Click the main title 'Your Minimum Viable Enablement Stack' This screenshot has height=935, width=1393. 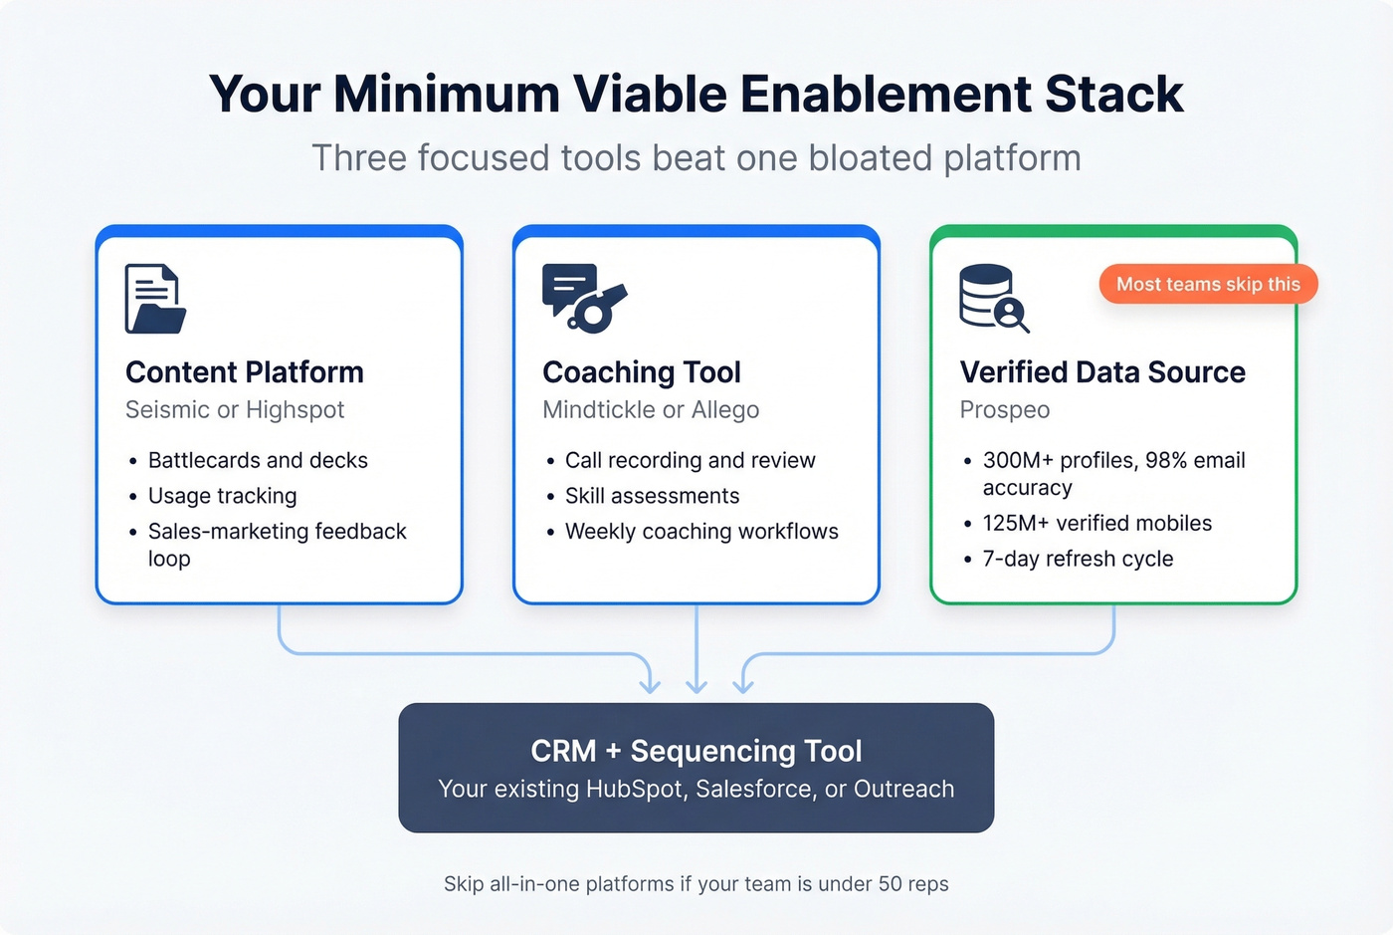[696, 95]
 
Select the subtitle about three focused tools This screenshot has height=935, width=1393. [696, 158]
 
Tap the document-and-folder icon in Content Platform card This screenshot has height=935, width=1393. [155, 299]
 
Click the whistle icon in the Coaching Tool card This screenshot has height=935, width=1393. [585, 298]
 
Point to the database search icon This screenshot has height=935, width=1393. [993, 299]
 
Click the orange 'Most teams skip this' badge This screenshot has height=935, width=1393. [1207, 285]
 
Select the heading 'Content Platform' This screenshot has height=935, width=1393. [245, 372]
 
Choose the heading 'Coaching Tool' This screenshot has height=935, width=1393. [642, 372]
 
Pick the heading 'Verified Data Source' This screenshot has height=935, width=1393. [1102, 372]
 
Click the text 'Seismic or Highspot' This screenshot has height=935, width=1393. [235, 410]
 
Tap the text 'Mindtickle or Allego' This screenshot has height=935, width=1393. [651, 410]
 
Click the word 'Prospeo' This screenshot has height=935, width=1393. [1005, 410]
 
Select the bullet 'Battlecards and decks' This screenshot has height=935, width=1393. [258, 460]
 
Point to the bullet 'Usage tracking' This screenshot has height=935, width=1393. [222, 496]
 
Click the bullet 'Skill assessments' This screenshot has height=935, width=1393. [652, 496]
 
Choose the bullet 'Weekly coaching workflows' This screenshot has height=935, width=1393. [701, 532]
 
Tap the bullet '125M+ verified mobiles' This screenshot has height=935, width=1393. [1096, 524]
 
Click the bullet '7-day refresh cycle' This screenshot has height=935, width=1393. [1078, 560]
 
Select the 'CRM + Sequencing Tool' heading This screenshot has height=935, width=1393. [696, 751]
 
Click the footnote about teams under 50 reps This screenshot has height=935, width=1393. [696, 884]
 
